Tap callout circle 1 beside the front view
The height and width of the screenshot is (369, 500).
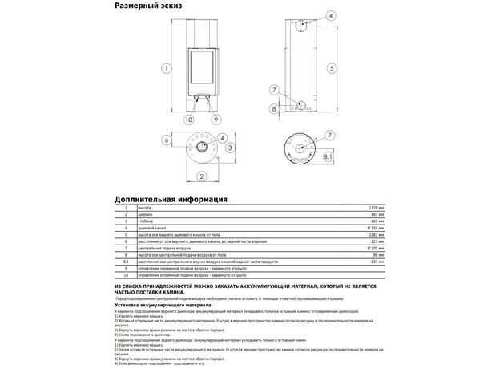click(166, 67)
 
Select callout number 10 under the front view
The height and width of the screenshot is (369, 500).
click(189, 120)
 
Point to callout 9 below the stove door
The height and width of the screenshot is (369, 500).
click(216, 120)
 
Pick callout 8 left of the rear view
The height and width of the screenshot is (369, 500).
click(273, 107)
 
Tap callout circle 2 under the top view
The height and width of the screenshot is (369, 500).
click(202, 176)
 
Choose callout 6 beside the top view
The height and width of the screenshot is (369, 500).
click(167, 140)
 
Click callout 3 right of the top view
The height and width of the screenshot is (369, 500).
click(230, 148)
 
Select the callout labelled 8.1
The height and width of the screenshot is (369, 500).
click(329, 158)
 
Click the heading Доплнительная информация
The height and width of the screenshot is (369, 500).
click(171, 198)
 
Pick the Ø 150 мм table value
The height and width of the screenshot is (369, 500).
click(374, 228)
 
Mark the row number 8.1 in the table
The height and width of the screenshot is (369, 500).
click(125, 262)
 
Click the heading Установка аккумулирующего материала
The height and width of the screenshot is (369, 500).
click(163, 305)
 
